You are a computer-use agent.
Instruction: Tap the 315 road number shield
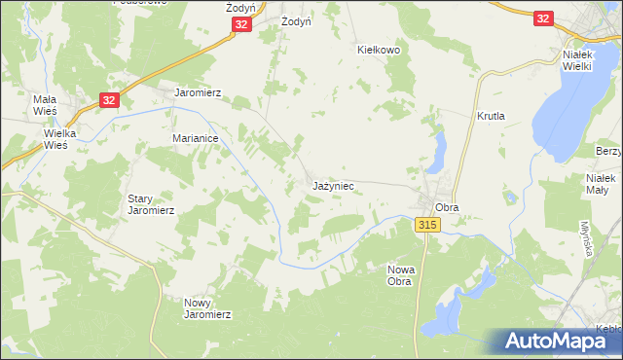[x=427, y=225]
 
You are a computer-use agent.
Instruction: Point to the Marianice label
[x=195, y=139]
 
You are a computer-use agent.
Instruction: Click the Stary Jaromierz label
[x=151, y=204]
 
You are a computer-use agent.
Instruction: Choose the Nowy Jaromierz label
[x=207, y=308]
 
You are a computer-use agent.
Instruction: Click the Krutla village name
[x=491, y=116]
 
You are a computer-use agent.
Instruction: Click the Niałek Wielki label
[x=585, y=61]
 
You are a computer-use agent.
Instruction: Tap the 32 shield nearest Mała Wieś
[x=109, y=98]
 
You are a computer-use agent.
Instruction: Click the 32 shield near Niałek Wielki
[x=543, y=18]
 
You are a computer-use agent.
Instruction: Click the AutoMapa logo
[x=558, y=341]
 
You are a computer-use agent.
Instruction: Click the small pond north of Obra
[x=439, y=152]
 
